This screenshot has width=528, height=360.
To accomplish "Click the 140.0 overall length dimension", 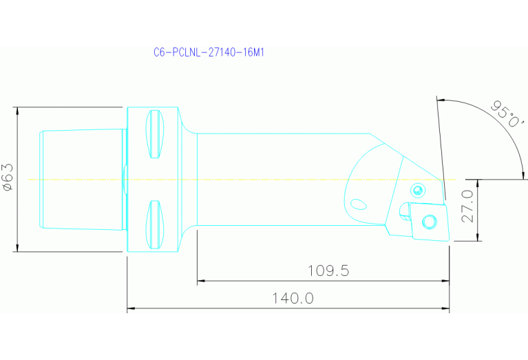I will coord(293,299).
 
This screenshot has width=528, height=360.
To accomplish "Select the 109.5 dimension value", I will coord(328,271).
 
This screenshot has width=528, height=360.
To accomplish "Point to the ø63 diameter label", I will coord(8,177).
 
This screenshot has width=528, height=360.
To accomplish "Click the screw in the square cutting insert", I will coord(430,222).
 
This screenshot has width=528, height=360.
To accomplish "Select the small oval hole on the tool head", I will coord(358,204).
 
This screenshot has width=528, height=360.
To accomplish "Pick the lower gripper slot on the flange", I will coord(156,225).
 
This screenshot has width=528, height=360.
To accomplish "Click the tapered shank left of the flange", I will coord(81,179).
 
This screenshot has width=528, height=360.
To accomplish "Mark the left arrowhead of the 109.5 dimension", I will coord(202,281).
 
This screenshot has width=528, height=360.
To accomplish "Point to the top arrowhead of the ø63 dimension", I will coord(17,111).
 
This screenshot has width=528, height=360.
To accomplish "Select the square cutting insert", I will coord(427,221).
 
